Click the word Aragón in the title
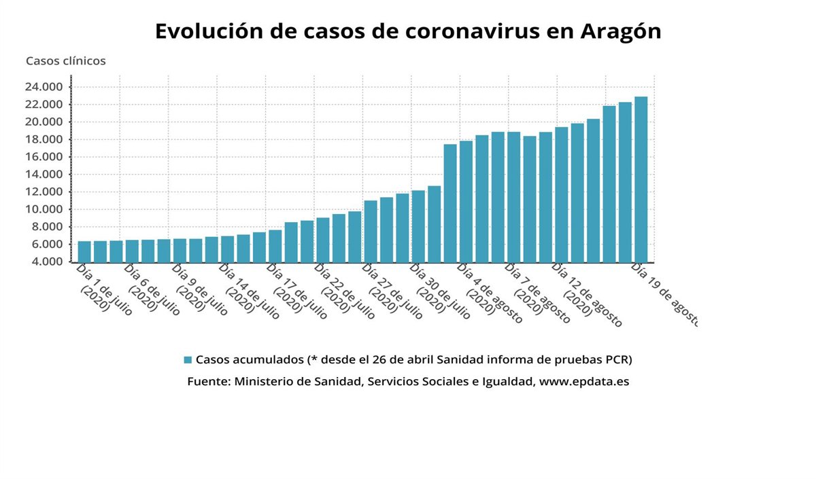[621, 32]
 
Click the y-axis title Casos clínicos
[66, 61]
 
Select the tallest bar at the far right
[641, 179]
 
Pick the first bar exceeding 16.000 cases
[450, 203]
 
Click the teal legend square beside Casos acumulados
[188, 359]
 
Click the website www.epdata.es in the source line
[583, 382]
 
